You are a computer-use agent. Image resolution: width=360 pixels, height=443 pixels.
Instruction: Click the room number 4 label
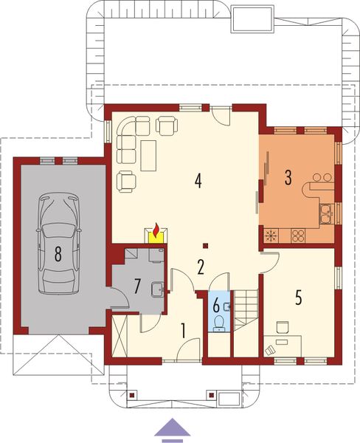point(198,180)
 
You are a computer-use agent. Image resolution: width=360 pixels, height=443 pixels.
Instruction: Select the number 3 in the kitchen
point(288,178)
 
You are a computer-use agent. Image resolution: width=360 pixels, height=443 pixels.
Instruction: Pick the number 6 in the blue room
point(217,303)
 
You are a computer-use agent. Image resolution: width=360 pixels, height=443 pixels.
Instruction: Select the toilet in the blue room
point(219,323)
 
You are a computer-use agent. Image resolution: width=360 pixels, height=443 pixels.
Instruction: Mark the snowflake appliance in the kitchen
point(271,236)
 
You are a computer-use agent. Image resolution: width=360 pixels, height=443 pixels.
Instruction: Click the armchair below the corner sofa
point(128,179)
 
